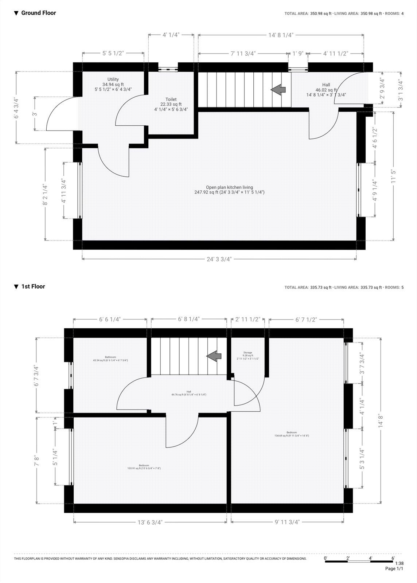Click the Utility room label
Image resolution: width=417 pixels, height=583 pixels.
113,79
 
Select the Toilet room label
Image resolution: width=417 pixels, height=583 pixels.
171,99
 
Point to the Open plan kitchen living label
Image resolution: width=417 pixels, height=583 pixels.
229,187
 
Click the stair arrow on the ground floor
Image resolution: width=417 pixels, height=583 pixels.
278,89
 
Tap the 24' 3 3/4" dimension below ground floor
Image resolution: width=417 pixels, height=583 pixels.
219,259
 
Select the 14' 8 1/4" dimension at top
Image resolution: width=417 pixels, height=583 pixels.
281,35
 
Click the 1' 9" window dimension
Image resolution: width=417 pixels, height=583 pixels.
298,54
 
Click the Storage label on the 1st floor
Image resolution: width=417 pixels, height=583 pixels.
248,353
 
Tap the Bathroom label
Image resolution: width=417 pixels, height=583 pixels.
110,357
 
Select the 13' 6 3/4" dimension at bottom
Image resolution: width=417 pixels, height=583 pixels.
150,522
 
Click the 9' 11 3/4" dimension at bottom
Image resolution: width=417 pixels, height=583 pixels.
287,522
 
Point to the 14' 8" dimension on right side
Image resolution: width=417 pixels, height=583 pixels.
381,421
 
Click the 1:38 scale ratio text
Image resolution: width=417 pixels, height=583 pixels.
399,563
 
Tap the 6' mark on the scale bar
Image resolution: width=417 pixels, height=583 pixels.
393,558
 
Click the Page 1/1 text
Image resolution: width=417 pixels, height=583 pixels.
394,568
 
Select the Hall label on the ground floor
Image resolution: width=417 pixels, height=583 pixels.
326,85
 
